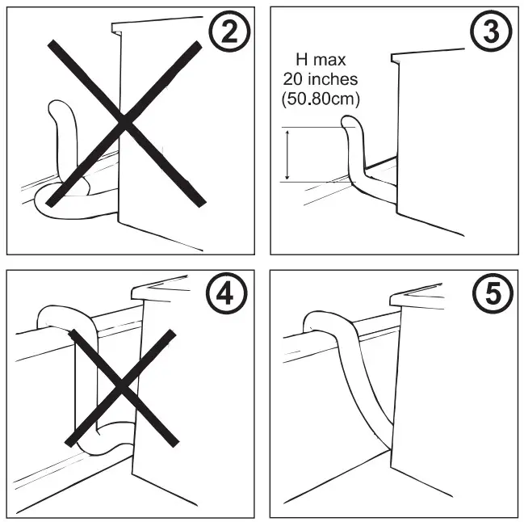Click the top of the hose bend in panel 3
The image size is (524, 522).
(x=350, y=121)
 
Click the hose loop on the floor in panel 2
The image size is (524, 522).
(x=69, y=202)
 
